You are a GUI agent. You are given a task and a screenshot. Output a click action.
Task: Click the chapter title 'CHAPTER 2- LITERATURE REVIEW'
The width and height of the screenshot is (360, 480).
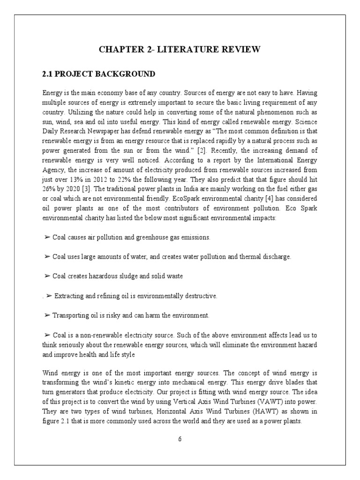[180, 49]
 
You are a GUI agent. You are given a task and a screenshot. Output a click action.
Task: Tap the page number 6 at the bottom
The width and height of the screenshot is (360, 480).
[180, 439]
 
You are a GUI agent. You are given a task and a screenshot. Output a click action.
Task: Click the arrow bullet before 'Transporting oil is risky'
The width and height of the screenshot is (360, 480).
[47, 315]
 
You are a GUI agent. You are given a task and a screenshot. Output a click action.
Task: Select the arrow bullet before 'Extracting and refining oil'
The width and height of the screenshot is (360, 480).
[49, 296]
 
